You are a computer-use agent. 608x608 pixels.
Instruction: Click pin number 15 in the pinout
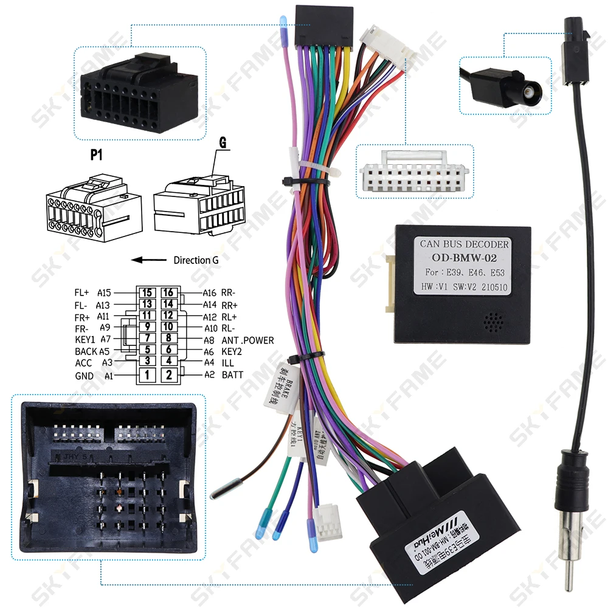coord(147,293)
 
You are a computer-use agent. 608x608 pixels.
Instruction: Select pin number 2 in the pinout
coord(169,375)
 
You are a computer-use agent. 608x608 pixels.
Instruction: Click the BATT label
coord(232,375)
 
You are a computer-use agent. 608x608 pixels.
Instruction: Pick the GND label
coord(84,376)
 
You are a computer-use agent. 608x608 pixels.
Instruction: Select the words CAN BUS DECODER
coord(465,244)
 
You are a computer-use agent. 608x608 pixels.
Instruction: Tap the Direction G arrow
coord(150,260)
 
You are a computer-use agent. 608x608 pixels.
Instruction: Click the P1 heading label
coord(96,155)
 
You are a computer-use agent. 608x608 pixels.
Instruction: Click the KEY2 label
coord(233,351)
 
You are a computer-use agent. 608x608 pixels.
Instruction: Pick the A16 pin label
coord(209,293)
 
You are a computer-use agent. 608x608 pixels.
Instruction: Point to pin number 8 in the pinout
coord(169,338)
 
